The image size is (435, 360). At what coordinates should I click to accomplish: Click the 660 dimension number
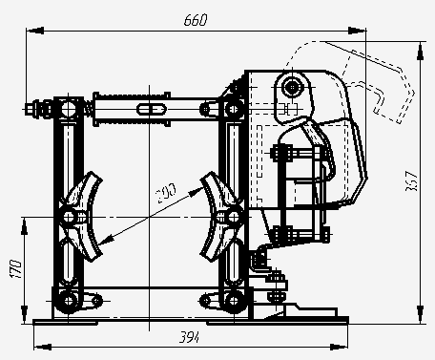pyautogui.click(x=196, y=20)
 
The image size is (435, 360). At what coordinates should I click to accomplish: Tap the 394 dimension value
pyautogui.click(x=190, y=337)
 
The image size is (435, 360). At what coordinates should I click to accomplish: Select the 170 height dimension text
pyautogui.click(x=15, y=269)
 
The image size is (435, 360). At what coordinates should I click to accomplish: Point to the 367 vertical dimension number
pyautogui.click(x=411, y=181)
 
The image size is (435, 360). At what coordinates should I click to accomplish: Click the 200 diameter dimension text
pyautogui.click(x=165, y=193)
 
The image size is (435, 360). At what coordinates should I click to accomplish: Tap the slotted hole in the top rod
pyautogui.click(x=152, y=109)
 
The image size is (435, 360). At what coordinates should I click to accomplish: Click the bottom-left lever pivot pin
pyautogui.click(x=69, y=301)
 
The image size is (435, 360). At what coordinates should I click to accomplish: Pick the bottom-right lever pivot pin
pyautogui.click(x=234, y=301)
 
